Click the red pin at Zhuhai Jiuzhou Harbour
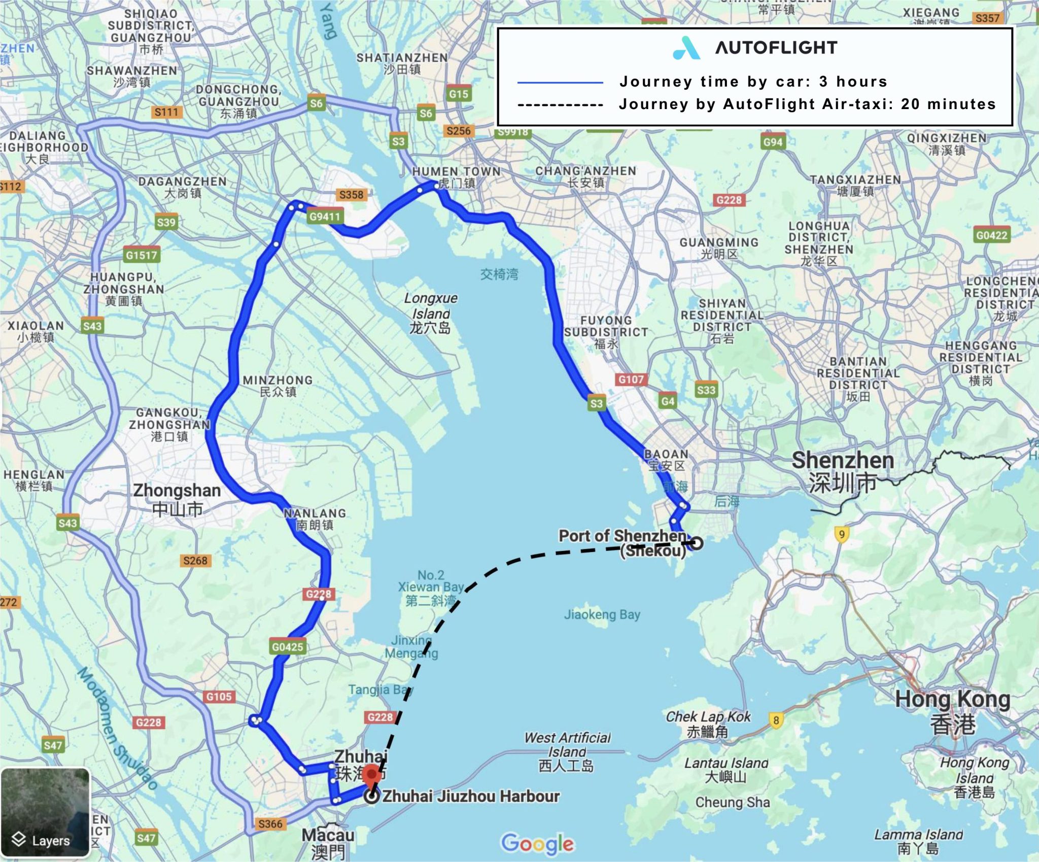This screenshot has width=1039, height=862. [x=372, y=775]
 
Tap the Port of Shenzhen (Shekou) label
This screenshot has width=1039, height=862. [x=622, y=542]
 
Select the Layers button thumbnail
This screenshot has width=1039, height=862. [x=46, y=812]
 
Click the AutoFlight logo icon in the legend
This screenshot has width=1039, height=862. [x=686, y=48]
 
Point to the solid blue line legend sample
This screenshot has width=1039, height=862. [x=560, y=82]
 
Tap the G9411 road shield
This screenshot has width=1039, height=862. [x=325, y=217]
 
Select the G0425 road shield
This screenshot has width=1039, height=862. [x=287, y=647]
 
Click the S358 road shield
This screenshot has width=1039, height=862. [x=351, y=195]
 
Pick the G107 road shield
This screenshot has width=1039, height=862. [x=631, y=379]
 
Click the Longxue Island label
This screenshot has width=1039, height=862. [x=430, y=313]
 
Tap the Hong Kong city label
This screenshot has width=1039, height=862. [x=952, y=711]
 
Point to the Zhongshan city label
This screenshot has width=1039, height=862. [x=177, y=499]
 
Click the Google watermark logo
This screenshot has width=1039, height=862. [x=537, y=843]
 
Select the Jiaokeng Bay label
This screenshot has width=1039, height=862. [x=602, y=614]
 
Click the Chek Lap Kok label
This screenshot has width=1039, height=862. [x=708, y=723]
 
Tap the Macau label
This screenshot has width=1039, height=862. [x=328, y=843]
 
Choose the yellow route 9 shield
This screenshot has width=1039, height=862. [x=842, y=534]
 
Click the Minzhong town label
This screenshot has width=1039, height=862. [x=278, y=386]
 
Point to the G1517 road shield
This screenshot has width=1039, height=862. [x=142, y=255]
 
